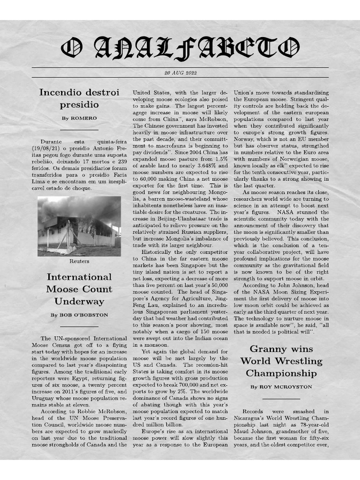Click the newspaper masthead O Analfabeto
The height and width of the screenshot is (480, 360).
click(x=180, y=48)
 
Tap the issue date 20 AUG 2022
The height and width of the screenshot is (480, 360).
click(x=180, y=73)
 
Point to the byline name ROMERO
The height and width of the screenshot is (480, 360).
click(x=84, y=118)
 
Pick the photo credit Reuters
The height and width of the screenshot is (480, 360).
click(x=79, y=261)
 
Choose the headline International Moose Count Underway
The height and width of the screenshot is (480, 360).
click(x=79, y=289)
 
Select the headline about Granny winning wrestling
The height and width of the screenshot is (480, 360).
click(x=281, y=361)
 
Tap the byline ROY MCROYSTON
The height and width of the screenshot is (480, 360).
click(x=287, y=387)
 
